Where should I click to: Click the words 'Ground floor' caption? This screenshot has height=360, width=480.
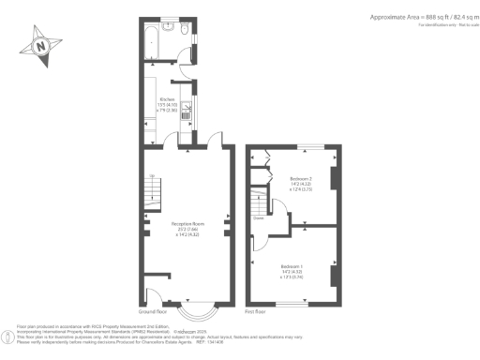(x=151, y=310)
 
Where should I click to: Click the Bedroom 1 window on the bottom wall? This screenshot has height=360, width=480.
(x=299, y=303)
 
